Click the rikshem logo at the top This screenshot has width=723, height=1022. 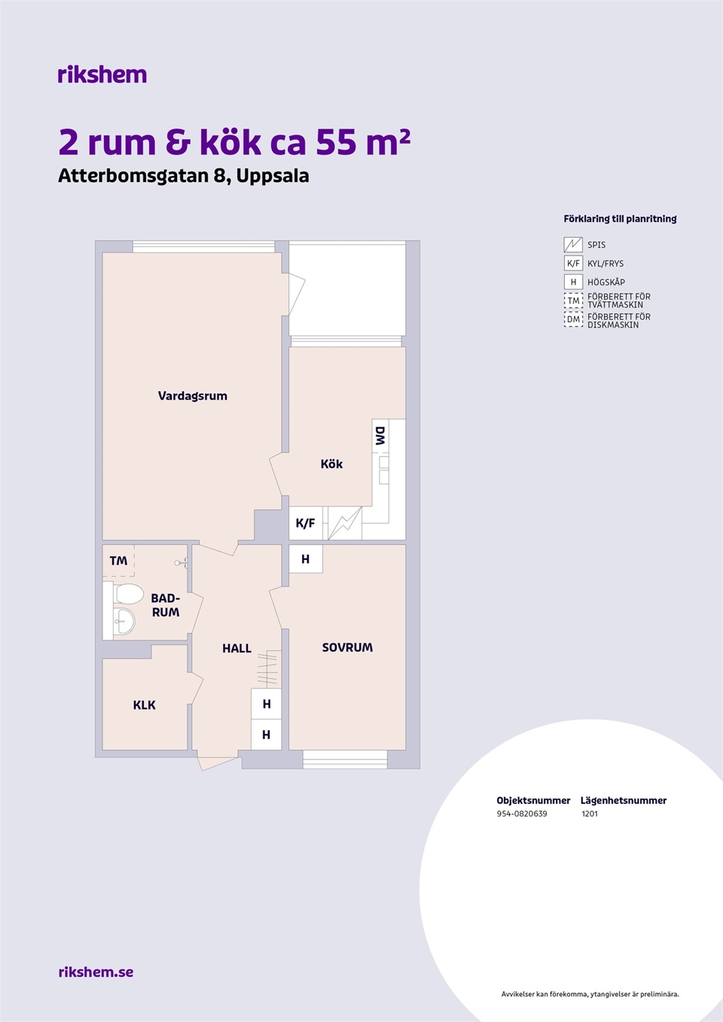tap(102, 75)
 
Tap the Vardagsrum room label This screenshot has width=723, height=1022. tap(193, 396)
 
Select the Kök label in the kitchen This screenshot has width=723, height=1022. tap(331, 464)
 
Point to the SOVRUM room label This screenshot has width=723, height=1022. tap(347, 647)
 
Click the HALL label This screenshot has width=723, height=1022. tap(237, 648)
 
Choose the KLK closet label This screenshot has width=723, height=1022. tap(145, 705)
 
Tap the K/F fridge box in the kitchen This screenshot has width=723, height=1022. tap(306, 523)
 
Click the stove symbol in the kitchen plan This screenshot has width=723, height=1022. tap(345, 523)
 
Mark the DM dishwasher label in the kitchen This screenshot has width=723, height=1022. tap(380, 436)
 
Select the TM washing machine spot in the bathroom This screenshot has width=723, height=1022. tap(118, 560)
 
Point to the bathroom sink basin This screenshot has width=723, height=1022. tap(124, 622)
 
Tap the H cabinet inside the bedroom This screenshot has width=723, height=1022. tap(306, 558)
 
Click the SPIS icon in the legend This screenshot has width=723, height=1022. tap(573, 245)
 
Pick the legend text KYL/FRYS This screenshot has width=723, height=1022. tap(606, 263)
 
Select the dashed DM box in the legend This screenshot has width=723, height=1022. tap(573, 319)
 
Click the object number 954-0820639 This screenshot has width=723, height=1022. tap(522, 814)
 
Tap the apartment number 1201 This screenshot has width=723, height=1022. tap(589, 814)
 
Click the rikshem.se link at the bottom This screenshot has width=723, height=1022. tap(96, 972)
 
